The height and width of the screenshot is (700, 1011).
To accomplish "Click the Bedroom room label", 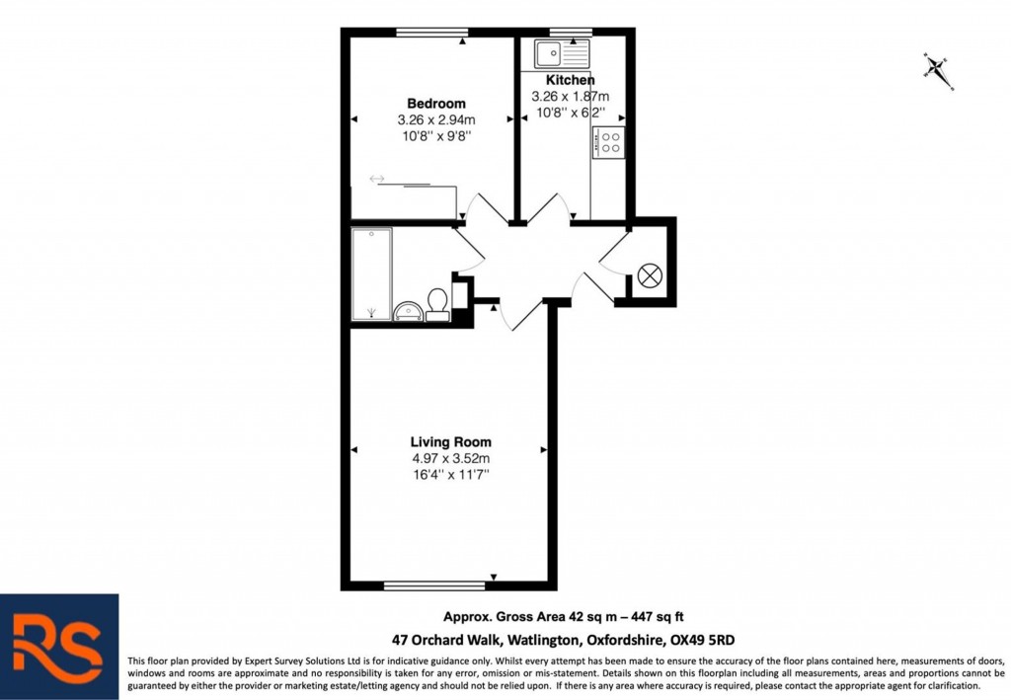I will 435,104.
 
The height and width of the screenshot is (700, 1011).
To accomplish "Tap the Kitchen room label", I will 571,80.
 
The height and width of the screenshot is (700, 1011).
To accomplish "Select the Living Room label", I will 450,442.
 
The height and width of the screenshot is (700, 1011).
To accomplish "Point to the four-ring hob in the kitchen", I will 608,142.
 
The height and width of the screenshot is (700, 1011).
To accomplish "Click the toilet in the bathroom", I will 437,302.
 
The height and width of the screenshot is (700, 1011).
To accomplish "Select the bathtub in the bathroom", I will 371,273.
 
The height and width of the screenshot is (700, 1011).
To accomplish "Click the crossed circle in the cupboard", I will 650,276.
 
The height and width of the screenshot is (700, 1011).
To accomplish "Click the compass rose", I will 937,69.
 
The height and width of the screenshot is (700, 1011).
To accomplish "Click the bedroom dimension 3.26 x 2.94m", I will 435,120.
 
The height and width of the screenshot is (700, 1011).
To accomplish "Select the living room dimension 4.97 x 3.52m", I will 450,459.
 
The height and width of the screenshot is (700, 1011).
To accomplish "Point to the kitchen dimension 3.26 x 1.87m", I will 571,97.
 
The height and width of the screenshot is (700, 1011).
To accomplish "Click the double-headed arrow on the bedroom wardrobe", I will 377,179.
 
